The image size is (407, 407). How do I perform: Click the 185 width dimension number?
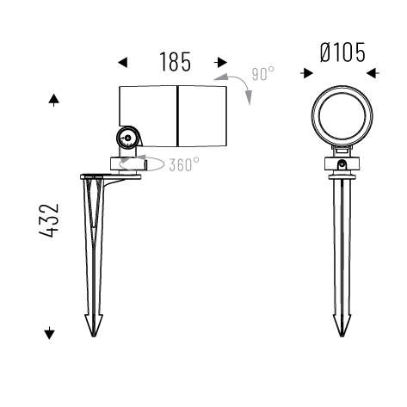tap(175, 62)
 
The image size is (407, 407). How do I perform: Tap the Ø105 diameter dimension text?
tap(342, 52)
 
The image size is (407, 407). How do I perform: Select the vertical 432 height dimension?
tap(49, 220)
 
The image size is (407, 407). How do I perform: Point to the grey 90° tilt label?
tap(263, 73)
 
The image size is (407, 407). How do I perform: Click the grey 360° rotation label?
tap(184, 164)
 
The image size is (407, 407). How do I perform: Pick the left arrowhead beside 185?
tap(123, 62)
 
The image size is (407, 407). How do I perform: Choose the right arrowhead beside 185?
tap(222, 62)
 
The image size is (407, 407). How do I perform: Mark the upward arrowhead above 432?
tap(54, 99)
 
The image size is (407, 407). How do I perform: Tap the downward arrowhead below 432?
tap(49, 333)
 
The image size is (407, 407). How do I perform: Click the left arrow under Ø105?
tap(307, 73)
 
